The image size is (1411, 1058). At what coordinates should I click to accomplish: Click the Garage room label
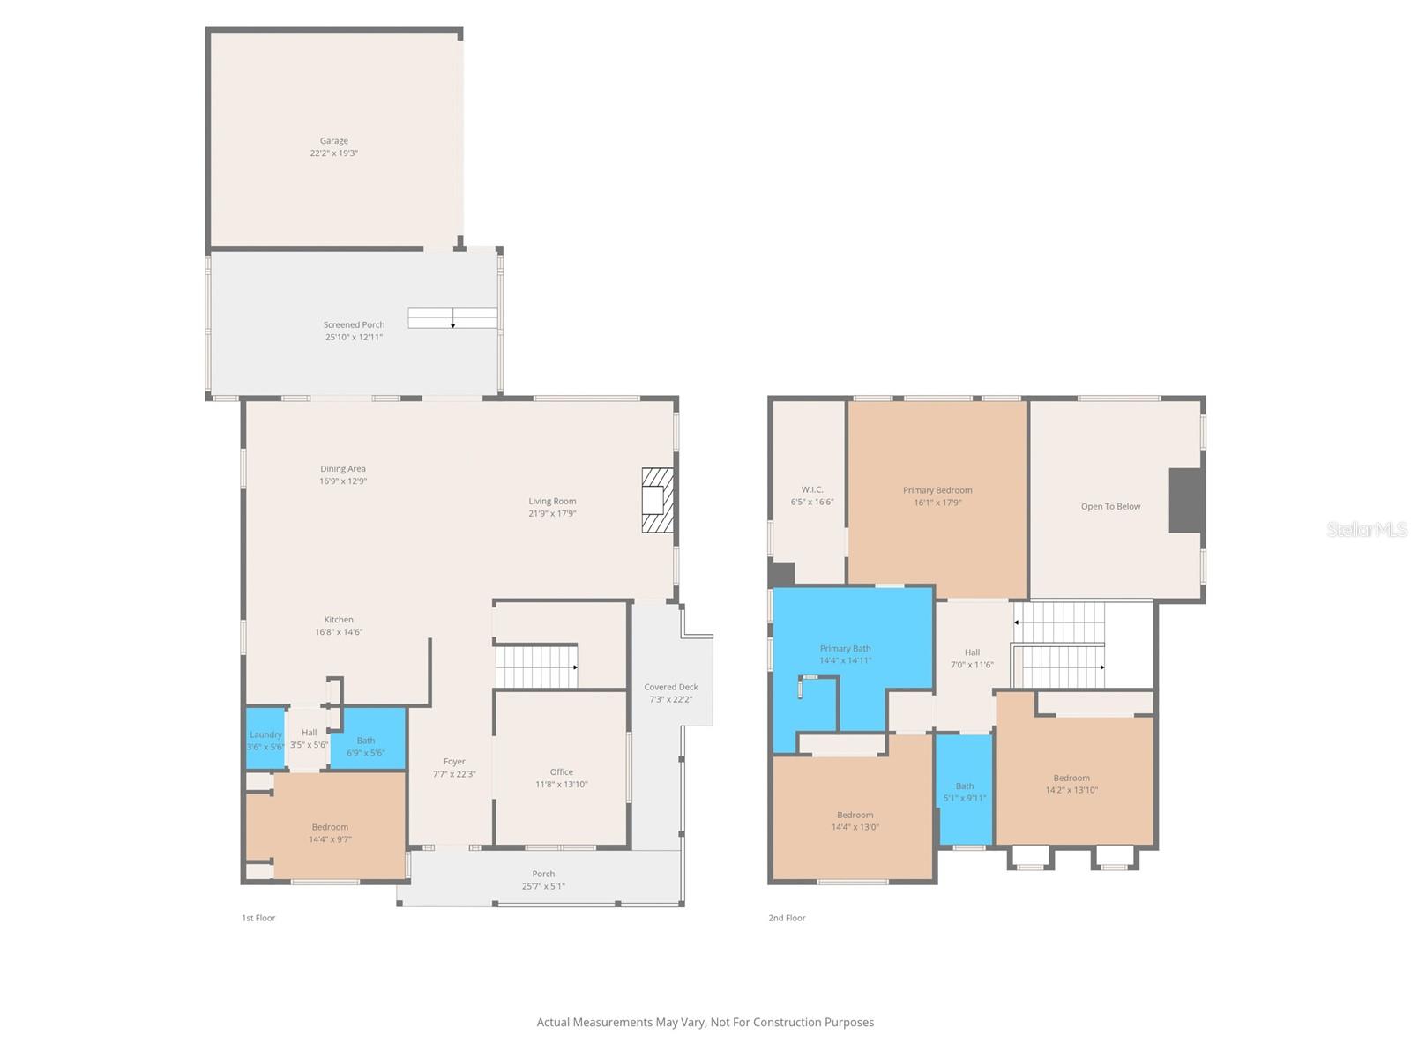click(x=333, y=141)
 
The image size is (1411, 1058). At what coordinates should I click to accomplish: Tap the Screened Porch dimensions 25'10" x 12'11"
click(x=354, y=338)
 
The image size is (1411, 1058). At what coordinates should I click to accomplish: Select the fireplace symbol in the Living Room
click(x=657, y=500)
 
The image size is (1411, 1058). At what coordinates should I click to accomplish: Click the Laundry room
click(x=265, y=739)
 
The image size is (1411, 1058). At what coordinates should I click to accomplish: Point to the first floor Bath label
click(x=366, y=741)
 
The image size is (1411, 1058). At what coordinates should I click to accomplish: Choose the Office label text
click(x=561, y=772)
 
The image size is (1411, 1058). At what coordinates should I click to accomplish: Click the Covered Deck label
click(x=670, y=687)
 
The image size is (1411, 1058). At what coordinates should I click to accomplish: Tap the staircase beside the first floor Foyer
click(x=536, y=667)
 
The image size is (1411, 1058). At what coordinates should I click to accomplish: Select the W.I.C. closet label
click(x=812, y=489)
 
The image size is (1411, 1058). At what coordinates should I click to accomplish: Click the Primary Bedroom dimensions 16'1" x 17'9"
click(x=937, y=503)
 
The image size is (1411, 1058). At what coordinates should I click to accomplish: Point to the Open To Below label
click(x=1110, y=506)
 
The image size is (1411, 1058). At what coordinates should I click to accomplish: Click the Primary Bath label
click(x=845, y=649)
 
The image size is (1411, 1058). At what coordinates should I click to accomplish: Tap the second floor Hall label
click(x=972, y=652)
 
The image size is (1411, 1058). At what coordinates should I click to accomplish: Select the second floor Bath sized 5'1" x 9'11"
click(x=965, y=791)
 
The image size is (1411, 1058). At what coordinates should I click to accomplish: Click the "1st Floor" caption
click(x=258, y=918)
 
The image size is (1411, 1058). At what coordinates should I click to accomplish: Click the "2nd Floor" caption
click(x=787, y=918)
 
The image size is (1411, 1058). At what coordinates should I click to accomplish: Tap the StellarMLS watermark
click(x=1367, y=529)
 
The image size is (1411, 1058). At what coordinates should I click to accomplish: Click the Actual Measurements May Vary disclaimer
click(x=705, y=1022)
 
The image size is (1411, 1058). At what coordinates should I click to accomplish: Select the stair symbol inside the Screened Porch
click(x=452, y=317)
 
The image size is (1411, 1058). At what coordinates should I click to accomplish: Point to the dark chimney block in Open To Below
click(x=1186, y=500)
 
